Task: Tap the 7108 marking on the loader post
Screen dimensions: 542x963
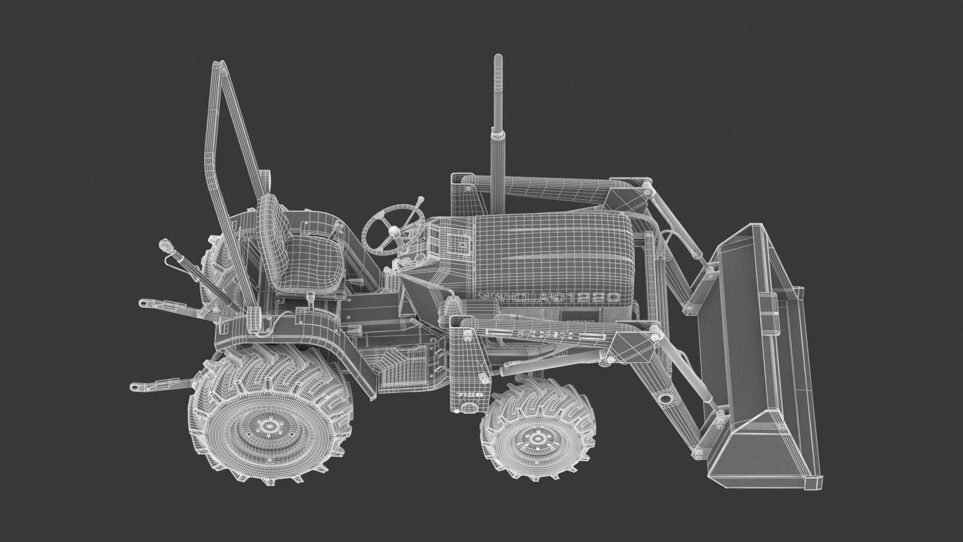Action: (470, 394)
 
